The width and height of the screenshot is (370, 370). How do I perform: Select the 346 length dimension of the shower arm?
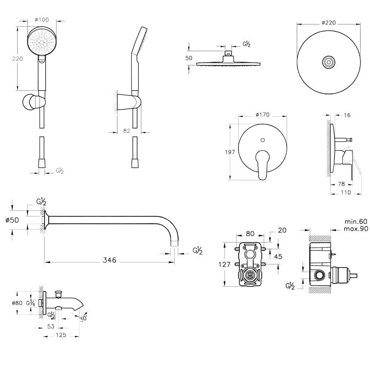pos(109,260)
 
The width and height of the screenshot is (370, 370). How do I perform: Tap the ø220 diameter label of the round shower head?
pos(329,22)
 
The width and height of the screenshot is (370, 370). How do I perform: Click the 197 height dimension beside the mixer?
pos(230,152)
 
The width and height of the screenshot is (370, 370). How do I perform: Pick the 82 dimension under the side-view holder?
pos(126,131)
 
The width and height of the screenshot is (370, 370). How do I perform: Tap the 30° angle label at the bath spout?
pos(83,318)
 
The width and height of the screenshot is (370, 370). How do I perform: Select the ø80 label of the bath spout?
pos(17,303)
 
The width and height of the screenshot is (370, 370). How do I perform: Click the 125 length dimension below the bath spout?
pos(61,335)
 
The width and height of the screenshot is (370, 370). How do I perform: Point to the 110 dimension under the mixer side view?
pos(346,192)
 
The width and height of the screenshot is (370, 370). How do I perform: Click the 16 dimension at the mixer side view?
pos(347,115)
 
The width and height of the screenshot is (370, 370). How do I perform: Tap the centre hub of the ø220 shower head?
pos(329,62)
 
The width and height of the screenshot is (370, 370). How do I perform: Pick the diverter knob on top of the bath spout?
pos(58,292)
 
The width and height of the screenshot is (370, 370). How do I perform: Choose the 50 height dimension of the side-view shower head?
pos(189,58)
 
